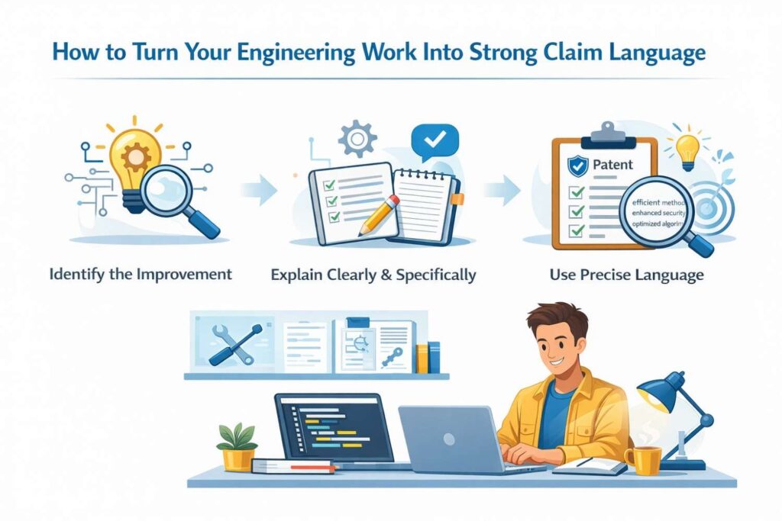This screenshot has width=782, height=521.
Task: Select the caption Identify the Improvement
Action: [141, 275]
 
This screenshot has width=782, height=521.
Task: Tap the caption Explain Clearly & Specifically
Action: [373, 275]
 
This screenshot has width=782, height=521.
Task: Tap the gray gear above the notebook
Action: [357, 139]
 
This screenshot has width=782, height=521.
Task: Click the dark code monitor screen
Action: [329, 428]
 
